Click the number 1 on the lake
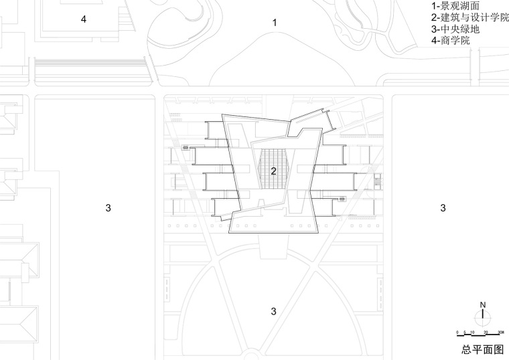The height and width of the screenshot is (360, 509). tap(275, 23)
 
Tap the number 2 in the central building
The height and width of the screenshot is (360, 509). tap(273, 171)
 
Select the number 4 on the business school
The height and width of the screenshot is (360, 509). tap(84, 19)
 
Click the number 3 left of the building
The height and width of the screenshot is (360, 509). tap(108, 208)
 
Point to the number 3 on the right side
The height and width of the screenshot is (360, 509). tap(443, 208)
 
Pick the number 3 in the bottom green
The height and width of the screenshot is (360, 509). tap(273, 310)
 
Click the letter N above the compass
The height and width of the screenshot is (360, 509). tap(482, 306)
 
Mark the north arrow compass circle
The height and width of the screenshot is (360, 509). tap(482, 318)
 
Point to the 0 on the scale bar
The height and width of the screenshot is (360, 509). tap(457, 333)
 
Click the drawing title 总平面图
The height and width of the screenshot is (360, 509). tap(480, 349)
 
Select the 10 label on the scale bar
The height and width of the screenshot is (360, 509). tap(472, 333)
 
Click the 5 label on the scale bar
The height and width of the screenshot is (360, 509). tap(464, 333)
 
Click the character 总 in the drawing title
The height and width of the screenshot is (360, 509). tap(466, 349)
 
